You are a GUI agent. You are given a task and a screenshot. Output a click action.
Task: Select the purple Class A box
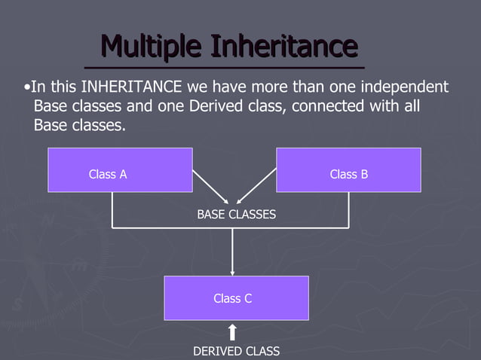120,169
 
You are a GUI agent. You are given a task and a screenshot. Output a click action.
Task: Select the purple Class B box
348,169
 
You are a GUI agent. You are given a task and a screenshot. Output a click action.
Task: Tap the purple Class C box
236,298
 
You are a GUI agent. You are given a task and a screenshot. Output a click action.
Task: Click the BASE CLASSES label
236,215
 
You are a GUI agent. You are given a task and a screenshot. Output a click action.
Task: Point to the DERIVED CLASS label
236,351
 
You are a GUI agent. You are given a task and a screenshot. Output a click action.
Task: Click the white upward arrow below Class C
232,332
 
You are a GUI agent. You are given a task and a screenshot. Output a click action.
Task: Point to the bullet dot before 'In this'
27,87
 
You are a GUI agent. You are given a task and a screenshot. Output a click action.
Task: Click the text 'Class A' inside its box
108,174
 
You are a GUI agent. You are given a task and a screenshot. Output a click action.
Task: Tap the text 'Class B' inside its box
349,174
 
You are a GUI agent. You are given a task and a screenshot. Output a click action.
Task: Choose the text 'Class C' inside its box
232,298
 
